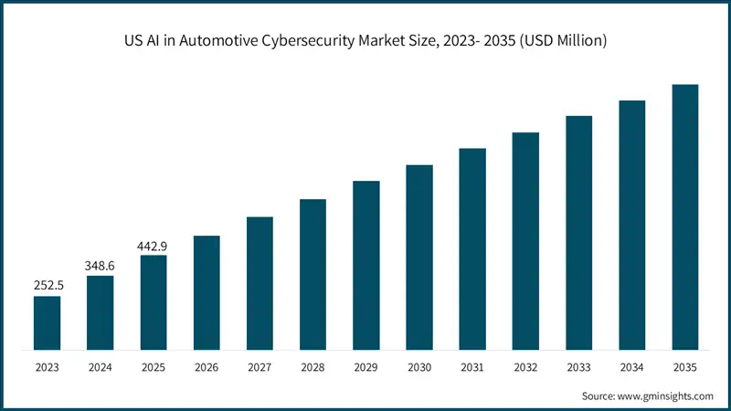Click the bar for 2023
47,322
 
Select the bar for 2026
207,292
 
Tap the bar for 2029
366,265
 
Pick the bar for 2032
525,241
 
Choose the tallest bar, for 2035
685,217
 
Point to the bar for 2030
419,257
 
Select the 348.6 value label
100,264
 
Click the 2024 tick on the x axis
100,367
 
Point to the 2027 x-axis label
260,367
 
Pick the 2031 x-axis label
472,367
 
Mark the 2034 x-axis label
632,367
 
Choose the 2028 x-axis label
313,367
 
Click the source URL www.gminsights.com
664,395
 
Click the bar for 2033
578,233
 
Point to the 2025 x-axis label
154,367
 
